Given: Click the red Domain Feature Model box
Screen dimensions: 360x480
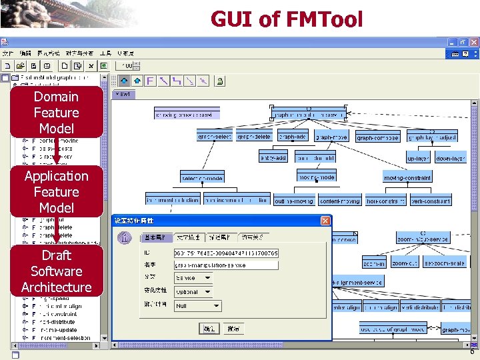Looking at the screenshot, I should point(56,112).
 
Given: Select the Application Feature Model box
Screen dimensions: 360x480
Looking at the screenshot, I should point(56,191).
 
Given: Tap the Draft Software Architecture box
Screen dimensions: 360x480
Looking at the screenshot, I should point(56,271).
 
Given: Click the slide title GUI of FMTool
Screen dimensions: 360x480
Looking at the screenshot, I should point(287,19).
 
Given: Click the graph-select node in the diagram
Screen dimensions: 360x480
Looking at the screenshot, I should point(215,137).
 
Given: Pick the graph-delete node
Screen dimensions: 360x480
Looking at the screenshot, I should point(254,137).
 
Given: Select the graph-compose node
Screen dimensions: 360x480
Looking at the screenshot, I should point(377,138).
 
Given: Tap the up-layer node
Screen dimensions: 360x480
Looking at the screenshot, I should point(418,159).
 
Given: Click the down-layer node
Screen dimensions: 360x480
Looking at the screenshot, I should point(451,159).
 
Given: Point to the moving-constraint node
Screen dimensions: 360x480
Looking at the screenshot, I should point(407,177).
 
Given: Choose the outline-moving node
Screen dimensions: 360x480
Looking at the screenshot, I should point(293,201).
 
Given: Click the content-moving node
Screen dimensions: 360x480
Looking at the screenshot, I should point(339,201).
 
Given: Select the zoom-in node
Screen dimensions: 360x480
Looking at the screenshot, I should point(374,263).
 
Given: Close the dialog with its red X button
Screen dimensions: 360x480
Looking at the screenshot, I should point(325,221).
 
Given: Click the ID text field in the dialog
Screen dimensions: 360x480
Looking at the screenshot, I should point(225,253).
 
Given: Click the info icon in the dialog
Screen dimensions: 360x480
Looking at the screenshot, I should point(124,238).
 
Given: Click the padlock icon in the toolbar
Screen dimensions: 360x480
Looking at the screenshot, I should point(220,81).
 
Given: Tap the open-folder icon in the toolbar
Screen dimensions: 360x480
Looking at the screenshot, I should point(21,66).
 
